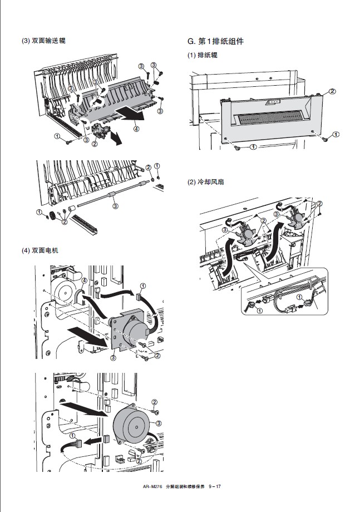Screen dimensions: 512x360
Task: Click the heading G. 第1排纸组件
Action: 215,41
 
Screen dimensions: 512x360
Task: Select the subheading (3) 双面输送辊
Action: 43,41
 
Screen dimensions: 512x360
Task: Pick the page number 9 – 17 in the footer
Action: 215,488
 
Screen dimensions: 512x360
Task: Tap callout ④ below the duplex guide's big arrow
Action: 136,129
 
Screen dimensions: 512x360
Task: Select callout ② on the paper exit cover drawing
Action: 332,91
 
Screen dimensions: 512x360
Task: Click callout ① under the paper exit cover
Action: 253,147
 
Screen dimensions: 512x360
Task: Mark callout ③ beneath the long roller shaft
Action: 115,206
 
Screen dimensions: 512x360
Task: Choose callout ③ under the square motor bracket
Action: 113,358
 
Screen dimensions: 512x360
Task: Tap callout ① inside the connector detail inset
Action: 260,309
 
